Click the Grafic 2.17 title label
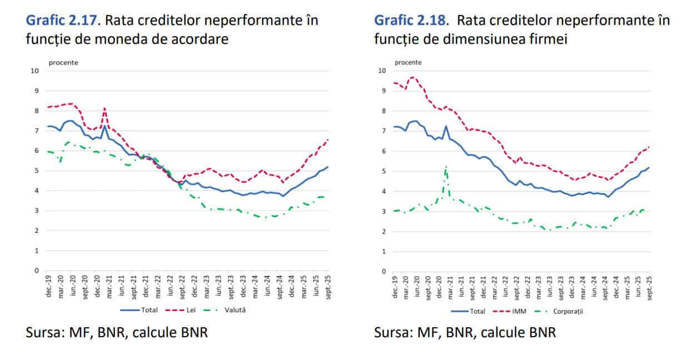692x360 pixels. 61,21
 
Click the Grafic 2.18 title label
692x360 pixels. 410,21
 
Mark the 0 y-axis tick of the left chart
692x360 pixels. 37,271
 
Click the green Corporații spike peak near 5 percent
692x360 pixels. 445,167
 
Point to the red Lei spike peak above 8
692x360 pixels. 104,108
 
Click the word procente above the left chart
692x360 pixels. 63,62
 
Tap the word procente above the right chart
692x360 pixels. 408,62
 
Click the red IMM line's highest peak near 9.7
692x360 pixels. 413,77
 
